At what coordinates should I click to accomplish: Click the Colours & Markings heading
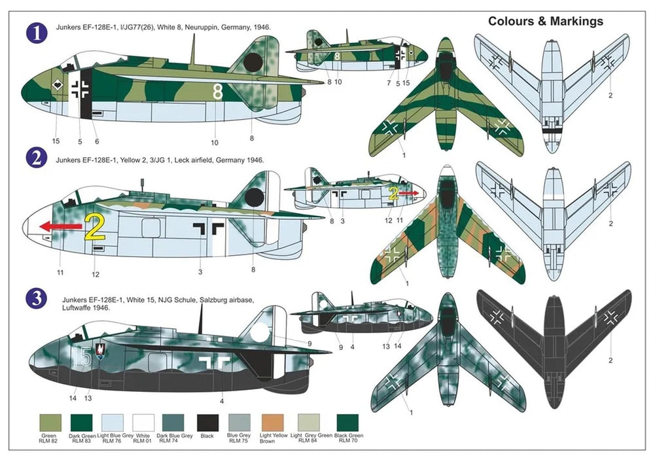[546, 22]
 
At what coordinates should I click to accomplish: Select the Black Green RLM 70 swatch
[346, 423]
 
